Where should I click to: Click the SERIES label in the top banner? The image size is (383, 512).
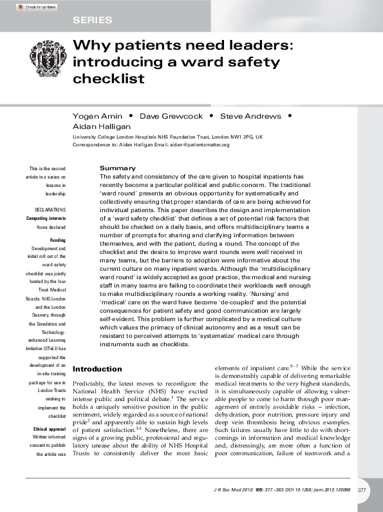[x=93, y=20]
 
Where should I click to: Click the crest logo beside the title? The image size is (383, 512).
[x=47, y=63]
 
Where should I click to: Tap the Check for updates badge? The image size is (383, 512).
[x=32, y=7]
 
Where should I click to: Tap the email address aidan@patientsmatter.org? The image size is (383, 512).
[x=200, y=145]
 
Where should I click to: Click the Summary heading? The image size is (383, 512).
[x=118, y=168]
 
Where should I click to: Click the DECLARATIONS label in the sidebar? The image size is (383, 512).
[x=51, y=210]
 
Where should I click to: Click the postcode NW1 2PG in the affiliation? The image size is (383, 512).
[x=239, y=137]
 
